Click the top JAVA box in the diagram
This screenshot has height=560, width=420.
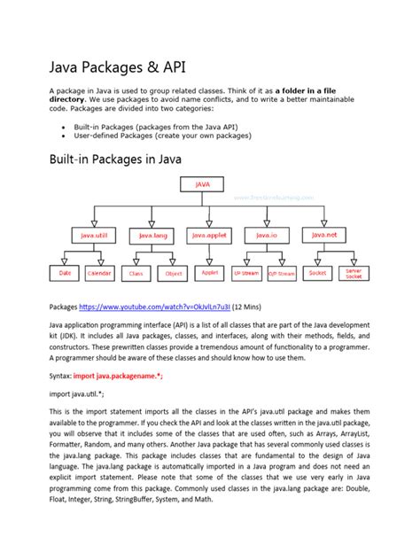click(x=203, y=185)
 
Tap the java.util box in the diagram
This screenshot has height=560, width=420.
click(x=89, y=236)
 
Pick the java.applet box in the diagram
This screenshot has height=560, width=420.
click(x=208, y=235)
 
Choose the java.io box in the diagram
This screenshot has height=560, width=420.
click(x=265, y=235)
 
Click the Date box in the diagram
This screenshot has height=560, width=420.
click(x=66, y=274)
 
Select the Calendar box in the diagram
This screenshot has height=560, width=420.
click(x=99, y=274)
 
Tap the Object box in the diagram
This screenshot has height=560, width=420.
click(x=174, y=274)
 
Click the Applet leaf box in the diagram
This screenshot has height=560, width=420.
click(x=210, y=273)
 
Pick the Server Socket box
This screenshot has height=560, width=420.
click(x=353, y=274)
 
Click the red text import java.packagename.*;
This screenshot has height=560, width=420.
click(x=119, y=376)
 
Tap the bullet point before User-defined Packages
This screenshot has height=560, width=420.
click(x=63, y=136)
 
